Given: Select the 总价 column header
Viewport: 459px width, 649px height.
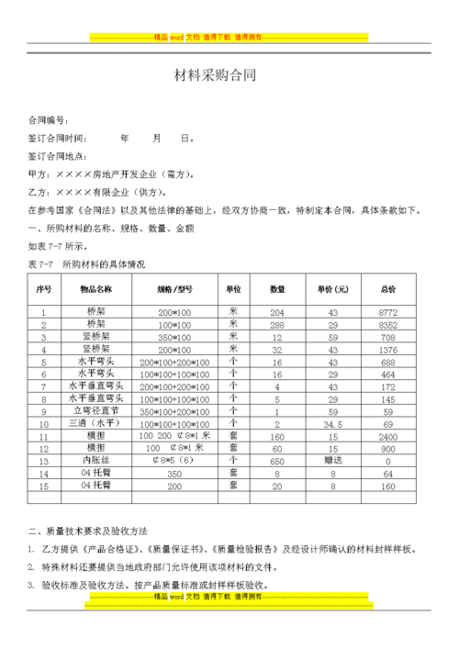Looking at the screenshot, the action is pos(387,289).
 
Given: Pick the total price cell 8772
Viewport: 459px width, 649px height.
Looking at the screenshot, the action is pos(387,313).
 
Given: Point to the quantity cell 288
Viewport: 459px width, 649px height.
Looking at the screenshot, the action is pos(277,325).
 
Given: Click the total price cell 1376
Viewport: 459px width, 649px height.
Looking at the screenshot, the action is pos(387,350).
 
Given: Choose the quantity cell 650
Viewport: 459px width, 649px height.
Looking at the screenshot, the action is pos(277,461).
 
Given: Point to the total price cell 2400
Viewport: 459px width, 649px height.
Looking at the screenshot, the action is pos(387,437).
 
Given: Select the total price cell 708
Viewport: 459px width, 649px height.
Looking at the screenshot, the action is pos(387,338).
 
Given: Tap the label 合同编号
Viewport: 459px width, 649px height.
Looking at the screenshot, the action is pos(46,120).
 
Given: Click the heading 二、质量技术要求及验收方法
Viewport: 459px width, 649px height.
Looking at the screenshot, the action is pos(88,532).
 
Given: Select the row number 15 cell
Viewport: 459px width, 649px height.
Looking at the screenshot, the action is pos(43,486).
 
